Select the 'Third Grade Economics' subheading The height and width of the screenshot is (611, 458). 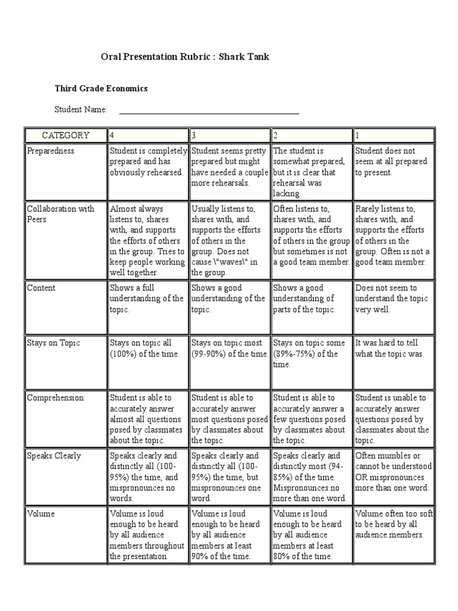click(101, 88)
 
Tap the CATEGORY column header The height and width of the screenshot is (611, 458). click(65, 135)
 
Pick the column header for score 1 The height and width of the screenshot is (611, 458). click(394, 135)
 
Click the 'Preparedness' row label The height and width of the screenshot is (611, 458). click(51, 151)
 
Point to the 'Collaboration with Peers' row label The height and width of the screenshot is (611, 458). click(60, 214)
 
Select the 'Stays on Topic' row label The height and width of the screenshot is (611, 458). click(53, 343)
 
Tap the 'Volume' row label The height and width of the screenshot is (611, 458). click(41, 514)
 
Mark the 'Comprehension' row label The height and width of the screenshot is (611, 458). click(55, 398)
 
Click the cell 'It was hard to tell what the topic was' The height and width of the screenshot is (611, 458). click(394, 348)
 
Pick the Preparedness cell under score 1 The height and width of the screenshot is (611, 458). click(394, 162)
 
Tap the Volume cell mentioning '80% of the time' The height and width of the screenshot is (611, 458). click(311, 535)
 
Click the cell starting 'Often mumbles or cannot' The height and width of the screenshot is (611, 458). click(394, 472)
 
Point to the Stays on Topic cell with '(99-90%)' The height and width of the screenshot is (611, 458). click(229, 348)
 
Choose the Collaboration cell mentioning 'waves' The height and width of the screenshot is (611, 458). click(229, 240)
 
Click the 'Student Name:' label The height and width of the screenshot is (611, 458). click(81, 110)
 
